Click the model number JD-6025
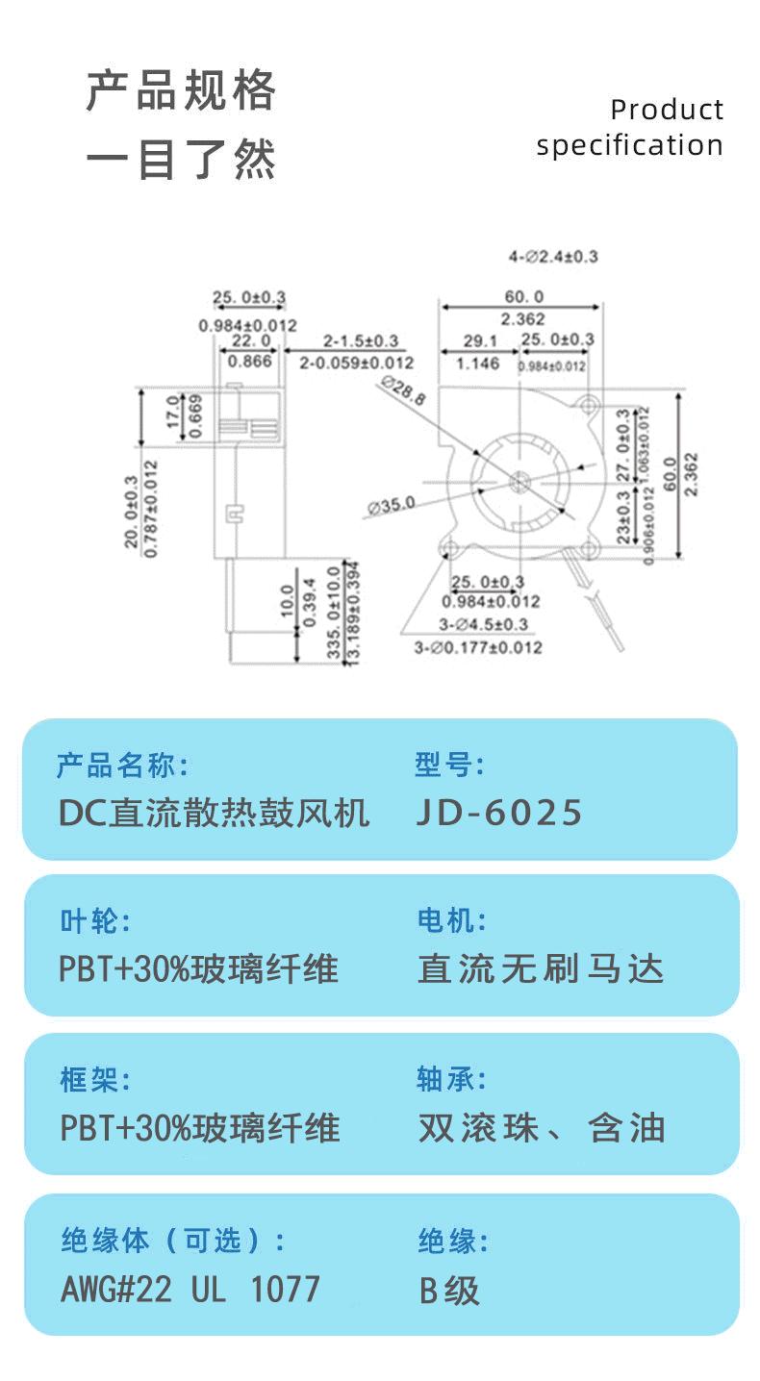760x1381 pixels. click(x=499, y=813)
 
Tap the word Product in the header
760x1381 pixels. click(x=666, y=110)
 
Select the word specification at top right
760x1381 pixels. click(x=629, y=146)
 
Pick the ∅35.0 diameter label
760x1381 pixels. click(x=391, y=503)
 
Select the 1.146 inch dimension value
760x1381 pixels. click(x=478, y=364)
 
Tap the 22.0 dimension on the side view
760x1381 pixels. click(x=250, y=340)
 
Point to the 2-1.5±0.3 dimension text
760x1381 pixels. click(x=360, y=341)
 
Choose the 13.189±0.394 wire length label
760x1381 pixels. click(x=353, y=612)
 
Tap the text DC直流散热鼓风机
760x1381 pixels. click(x=214, y=813)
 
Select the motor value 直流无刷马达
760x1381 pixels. click(x=541, y=968)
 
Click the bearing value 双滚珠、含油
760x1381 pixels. click(x=542, y=1127)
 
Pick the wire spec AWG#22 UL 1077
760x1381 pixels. click(x=190, y=1289)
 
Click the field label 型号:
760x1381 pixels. click(x=449, y=766)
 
